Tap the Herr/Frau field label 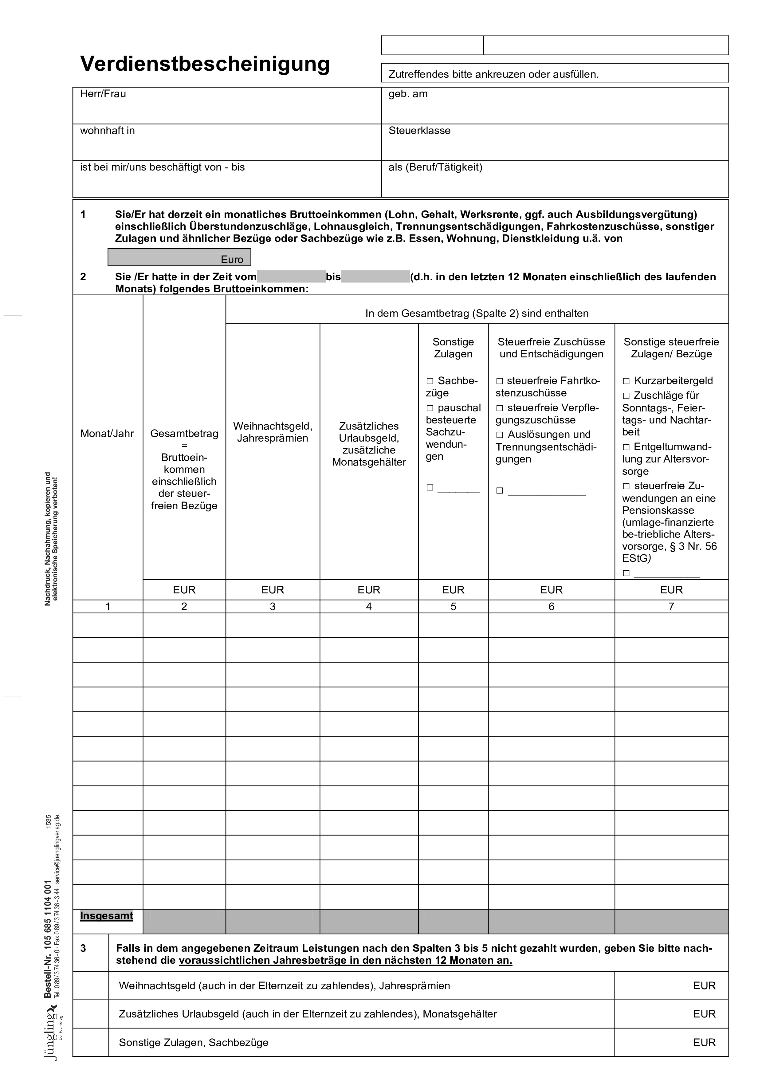click(103, 94)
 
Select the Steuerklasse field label click(419, 131)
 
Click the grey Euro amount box click(179, 257)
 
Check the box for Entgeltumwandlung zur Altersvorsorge click(626, 447)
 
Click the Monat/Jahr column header click(107, 433)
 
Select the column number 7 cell click(671, 607)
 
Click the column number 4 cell click(369, 607)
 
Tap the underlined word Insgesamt click(107, 915)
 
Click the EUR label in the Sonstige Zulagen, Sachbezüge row click(704, 1042)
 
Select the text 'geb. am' click(408, 94)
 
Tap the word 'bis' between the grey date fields click(333, 277)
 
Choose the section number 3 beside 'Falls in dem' click(83, 948)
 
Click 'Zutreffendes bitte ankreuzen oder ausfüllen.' click(493, 74)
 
